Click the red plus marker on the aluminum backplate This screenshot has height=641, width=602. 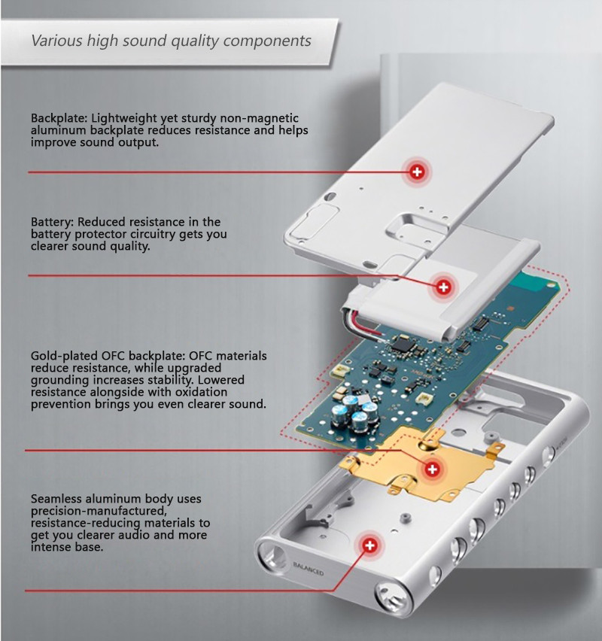417,172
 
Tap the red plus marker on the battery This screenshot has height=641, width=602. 443,287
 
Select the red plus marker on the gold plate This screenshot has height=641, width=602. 432,469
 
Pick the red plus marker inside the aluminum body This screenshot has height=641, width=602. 369,545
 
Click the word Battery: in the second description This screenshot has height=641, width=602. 53,223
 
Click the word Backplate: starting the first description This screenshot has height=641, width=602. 59,118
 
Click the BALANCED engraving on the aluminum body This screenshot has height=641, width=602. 309,569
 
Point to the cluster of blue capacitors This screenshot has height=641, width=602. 354,414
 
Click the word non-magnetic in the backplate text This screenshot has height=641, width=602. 260,118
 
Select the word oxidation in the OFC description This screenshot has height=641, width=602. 201,392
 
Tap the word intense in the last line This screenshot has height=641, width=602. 46,547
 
